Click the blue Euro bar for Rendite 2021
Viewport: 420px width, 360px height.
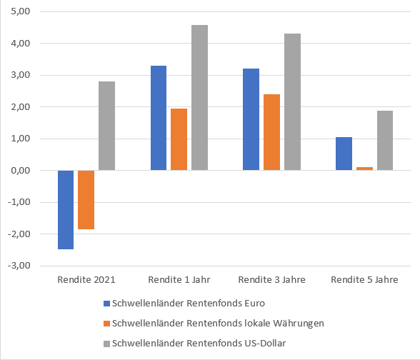click(66, 209)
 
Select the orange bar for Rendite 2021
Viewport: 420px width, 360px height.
click(86, 199)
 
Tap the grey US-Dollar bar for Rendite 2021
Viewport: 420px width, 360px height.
click(106, 126)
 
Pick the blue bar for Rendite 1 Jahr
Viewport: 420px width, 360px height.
click(158, 118)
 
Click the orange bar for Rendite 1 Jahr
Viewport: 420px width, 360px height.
click(179, 139)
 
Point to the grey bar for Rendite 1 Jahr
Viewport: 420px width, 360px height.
click(199, 98)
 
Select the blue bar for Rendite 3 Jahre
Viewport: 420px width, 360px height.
click(251, 119)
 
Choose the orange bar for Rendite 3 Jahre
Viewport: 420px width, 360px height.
click(271, 132)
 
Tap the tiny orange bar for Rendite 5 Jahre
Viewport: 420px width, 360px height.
click(364, 169)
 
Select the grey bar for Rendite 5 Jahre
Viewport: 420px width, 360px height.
click(385, 140)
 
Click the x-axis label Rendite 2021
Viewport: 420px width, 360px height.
click(86, 279)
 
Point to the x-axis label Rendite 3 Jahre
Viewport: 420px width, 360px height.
click(271, 279)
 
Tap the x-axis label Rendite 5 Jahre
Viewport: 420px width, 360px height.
click(364, 279)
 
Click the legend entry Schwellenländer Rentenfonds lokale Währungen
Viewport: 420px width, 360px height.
click(218, 323)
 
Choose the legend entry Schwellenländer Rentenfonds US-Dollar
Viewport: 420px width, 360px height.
click(204, 344)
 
